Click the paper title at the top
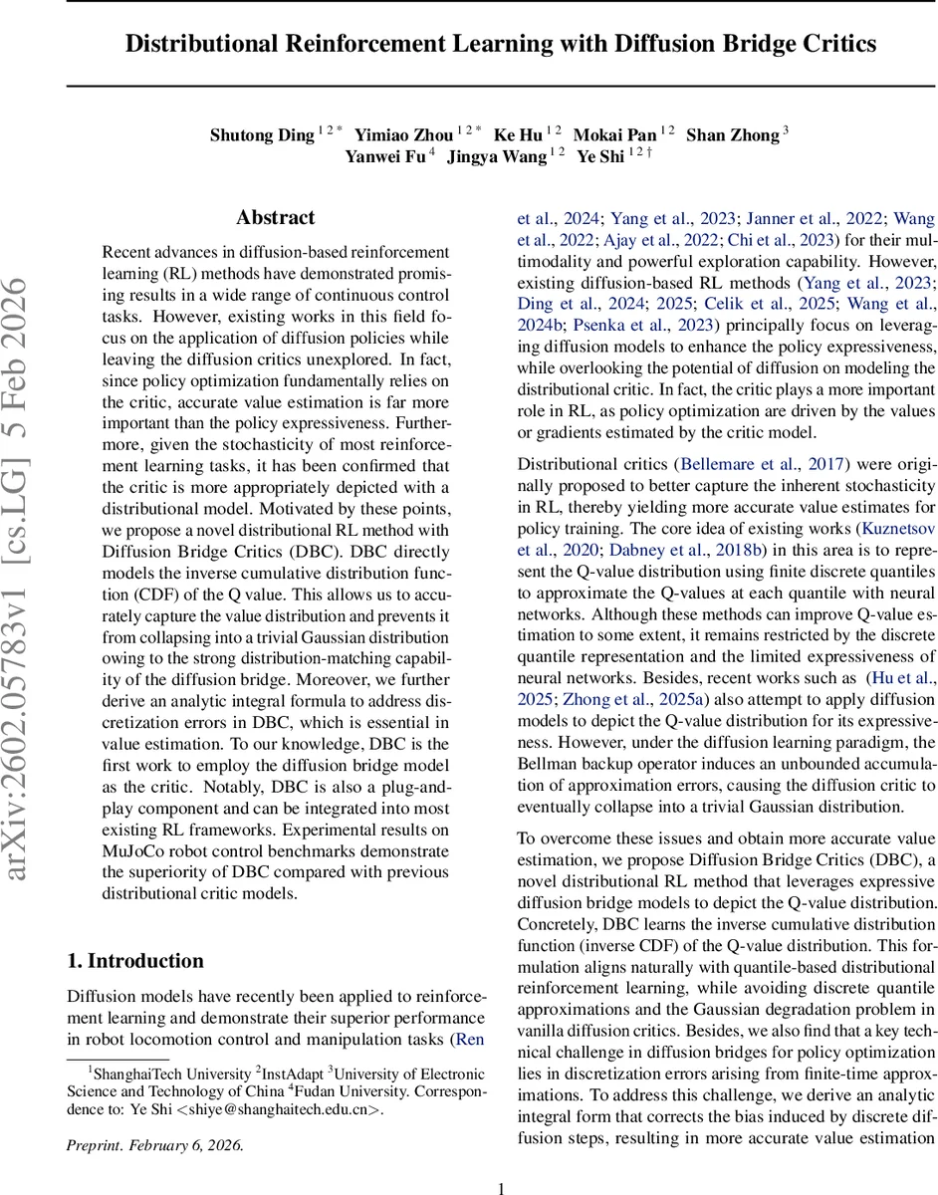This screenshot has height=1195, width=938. (501, 44)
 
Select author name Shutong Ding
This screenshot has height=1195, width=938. (261, 134)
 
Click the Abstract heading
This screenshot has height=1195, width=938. (276, 217)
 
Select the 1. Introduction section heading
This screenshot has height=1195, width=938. (134, 960)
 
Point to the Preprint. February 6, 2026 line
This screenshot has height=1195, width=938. (154, 1144)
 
